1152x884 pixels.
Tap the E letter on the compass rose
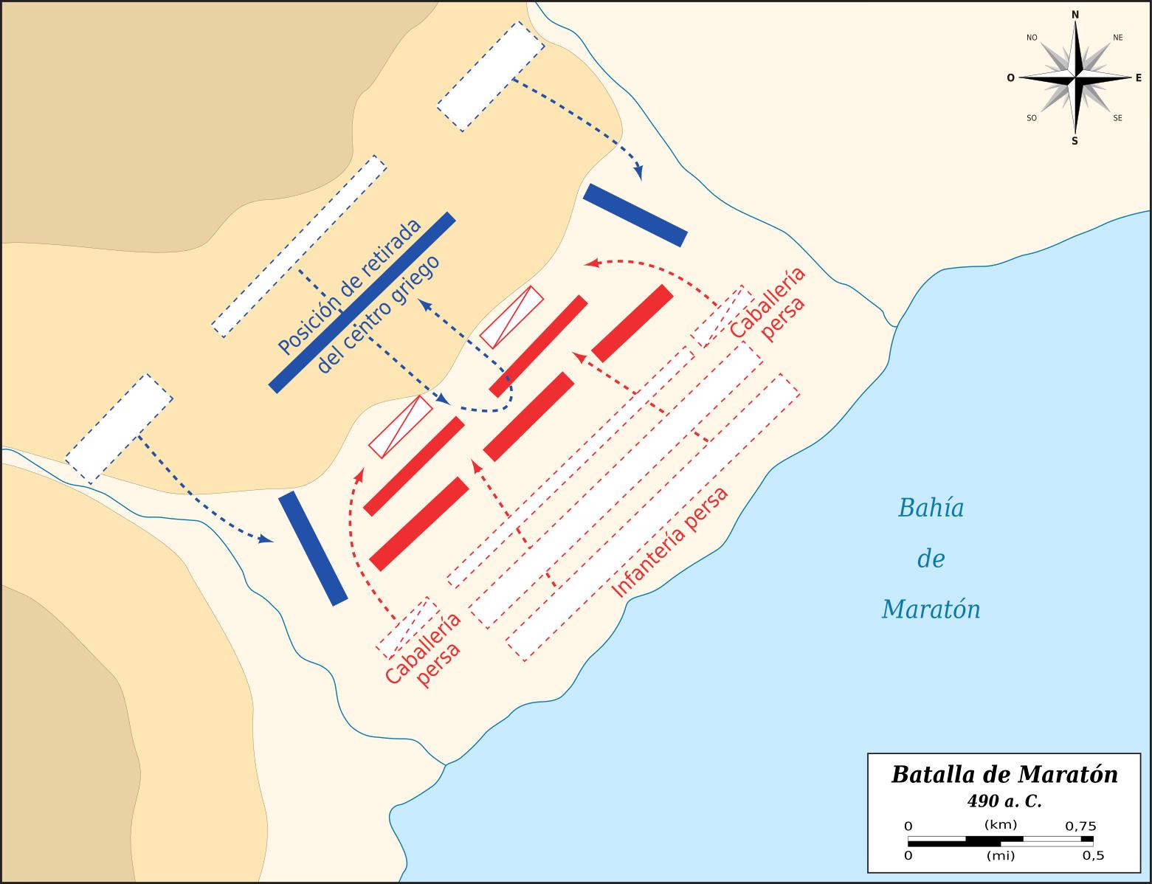point(1138,77)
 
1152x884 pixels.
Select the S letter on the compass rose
point(1075,141)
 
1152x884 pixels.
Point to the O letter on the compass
point(1010,77)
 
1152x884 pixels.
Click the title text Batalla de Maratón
point(1004,775)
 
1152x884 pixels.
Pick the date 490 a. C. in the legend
point(1004,801)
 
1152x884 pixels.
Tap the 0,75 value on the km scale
point(1080,826)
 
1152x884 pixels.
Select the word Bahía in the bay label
point(931,508)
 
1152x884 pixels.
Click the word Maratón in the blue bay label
point(931,610)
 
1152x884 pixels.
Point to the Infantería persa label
point(670,542)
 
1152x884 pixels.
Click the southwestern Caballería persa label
point(424,649)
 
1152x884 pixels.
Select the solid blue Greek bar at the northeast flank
point(635,215)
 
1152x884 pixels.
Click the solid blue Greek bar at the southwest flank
point(313,548)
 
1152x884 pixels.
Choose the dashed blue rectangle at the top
point(491,77)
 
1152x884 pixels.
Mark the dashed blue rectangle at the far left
point(119,429)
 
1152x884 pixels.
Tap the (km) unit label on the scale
point(1001,825)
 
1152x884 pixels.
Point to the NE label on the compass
point(1117,38)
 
